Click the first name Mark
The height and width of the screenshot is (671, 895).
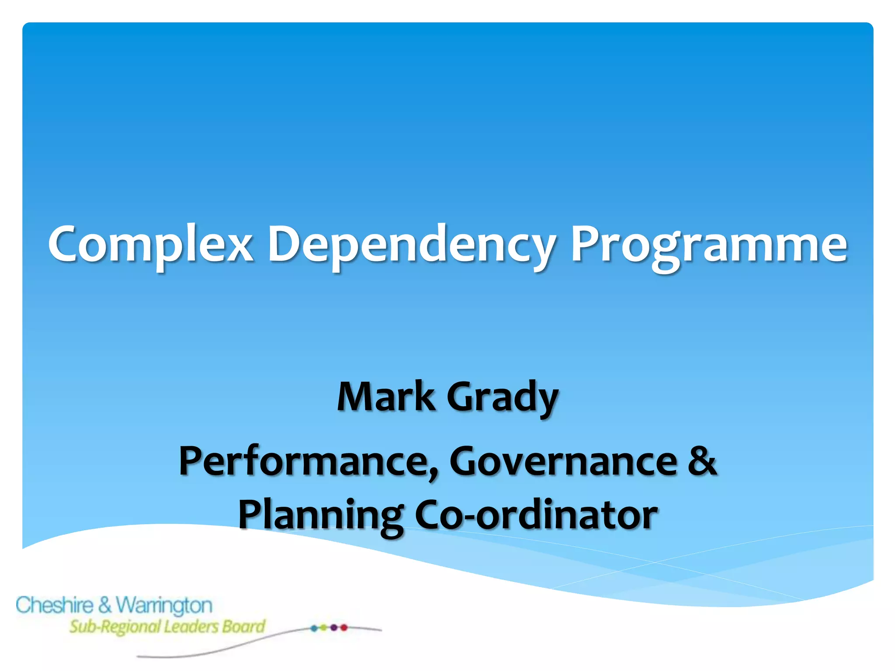point(386,397)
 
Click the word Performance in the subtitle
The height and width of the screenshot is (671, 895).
point(306,462)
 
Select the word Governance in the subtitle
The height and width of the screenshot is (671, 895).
point(564,462)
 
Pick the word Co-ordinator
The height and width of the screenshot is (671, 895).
point(535,515)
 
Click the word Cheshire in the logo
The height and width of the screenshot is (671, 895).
point(55,605)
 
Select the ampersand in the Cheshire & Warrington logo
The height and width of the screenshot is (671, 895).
point(105,605)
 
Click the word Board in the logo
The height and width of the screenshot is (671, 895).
point(243,626)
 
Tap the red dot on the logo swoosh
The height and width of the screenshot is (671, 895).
point(344,628)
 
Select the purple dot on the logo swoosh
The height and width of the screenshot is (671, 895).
point(334,628)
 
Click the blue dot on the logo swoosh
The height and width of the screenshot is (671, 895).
point(314,628)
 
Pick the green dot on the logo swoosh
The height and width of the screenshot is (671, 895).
point(323,628)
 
